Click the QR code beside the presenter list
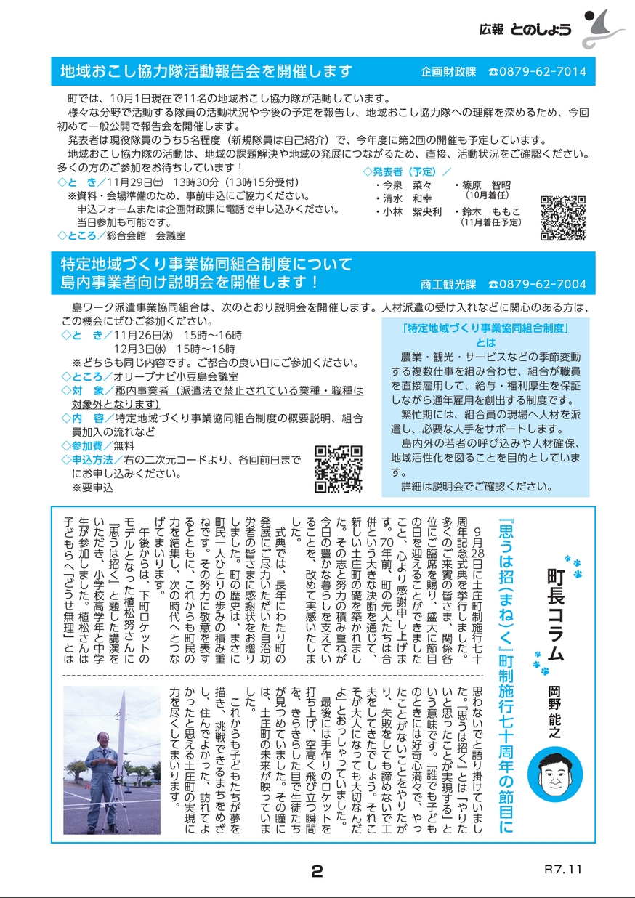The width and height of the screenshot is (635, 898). tap(563, 218)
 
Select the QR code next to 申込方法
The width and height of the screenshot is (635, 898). tap(339, 469)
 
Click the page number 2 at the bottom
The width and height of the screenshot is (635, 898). tap(316, 872)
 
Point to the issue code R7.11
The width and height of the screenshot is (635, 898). tap(563, 869)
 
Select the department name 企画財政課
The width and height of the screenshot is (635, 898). tap(448, 72)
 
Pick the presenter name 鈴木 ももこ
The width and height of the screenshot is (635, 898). tap(491, 211)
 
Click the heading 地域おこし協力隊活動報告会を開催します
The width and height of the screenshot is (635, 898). tap(207, 71)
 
